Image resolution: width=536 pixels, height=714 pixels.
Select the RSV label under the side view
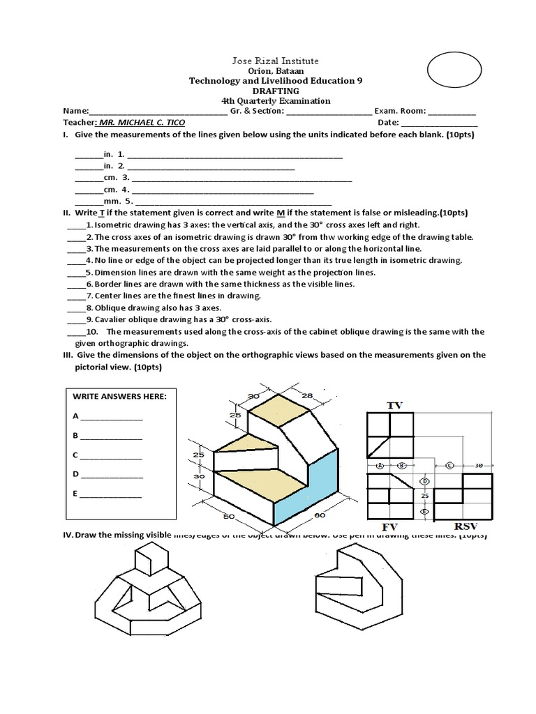pyautogui.click(x=466, y=526)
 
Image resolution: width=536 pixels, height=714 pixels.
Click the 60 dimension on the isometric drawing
pyautogui.click(x=320, y=517)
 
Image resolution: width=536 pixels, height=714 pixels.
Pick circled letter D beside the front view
pyautogui.click(x=423, y=481)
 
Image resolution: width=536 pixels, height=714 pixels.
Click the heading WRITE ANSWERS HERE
pyautogui.click(x=119, y=396)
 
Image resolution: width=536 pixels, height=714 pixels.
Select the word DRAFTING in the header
pyautogui.click(x=276, y=91)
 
